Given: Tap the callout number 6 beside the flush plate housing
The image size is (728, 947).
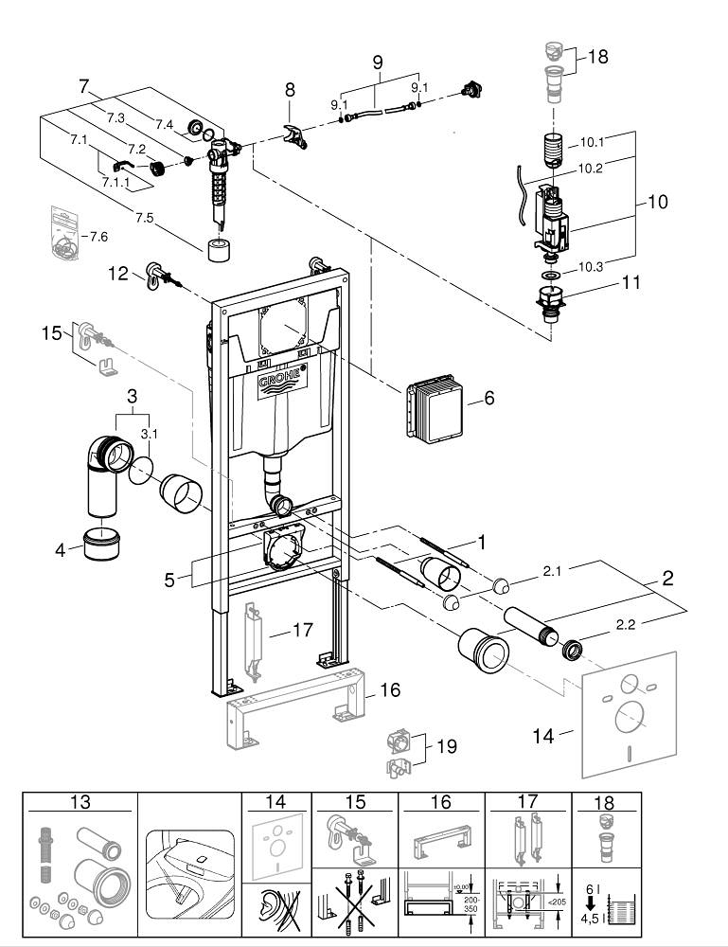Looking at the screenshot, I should [x=488, y=399].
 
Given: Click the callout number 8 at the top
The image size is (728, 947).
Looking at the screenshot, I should [x=290, y=89].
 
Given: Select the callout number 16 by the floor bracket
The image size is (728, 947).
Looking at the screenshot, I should [x=390, y=689].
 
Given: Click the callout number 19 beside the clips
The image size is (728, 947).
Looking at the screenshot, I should [x=445, y=746].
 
